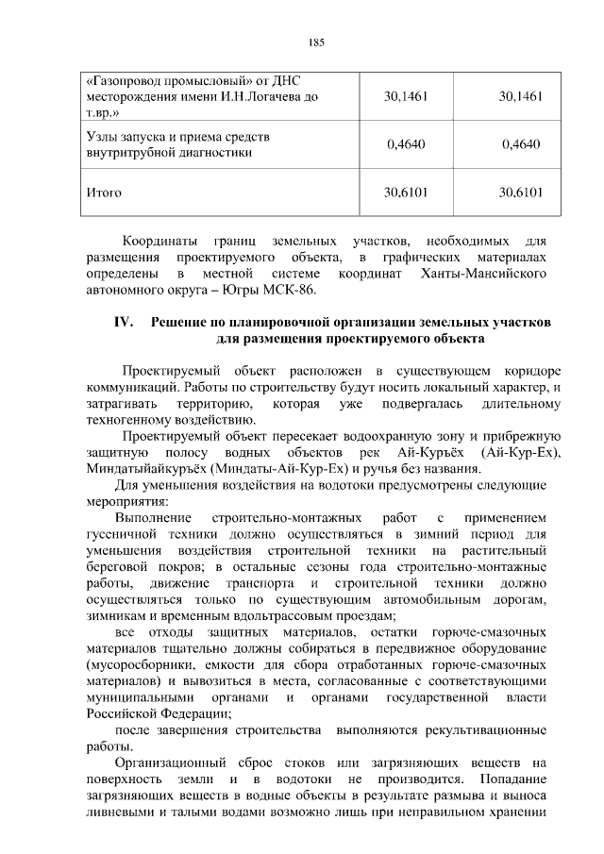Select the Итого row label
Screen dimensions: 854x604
[x=104, y=193]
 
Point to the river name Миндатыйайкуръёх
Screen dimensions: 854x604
[x=145, y=469]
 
